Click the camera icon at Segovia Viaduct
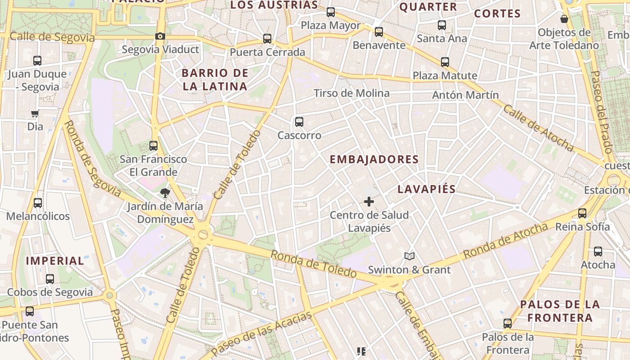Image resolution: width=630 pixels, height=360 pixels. point(160,36)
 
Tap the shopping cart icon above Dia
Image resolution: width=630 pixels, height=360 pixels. point(35,113)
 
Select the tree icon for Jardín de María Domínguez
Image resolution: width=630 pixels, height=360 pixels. point(165,193)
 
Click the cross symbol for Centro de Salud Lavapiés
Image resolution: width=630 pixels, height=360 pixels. point(369,202)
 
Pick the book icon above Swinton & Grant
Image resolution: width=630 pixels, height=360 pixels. point(409,256)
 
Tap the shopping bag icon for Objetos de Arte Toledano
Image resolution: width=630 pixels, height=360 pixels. point(564,19)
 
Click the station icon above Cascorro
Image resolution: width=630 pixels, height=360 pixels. point(299,122)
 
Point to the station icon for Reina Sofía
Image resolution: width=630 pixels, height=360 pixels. point(582,213)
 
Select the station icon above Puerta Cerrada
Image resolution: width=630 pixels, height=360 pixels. point(267,39)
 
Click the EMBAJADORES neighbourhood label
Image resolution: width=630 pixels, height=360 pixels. point(374,159)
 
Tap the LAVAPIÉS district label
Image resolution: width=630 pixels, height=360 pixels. point(427,189)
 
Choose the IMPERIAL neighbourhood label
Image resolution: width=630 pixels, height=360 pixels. point(55,261)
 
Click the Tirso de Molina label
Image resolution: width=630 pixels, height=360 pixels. point(351,93)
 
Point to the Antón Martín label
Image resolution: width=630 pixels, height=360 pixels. point(465,95)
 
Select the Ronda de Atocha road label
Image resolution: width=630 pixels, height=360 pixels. point(505,240)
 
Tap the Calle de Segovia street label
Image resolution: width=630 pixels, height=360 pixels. point(52,37)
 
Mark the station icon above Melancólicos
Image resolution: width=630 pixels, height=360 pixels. point(38,203)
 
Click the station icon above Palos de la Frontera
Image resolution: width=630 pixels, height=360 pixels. point(508,323)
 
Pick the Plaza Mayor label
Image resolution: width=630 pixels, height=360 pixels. point(331,25)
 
